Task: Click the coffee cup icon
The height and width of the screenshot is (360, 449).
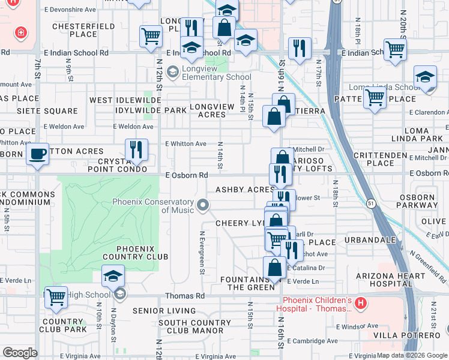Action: coord(38,154)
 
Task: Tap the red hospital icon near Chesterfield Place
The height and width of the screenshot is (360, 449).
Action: coord(22,32)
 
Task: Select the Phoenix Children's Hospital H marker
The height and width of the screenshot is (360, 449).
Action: coord(360,304)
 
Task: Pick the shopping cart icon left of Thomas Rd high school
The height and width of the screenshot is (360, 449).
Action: coord(56,296)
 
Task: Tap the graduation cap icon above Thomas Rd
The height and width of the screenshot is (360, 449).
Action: coord(112,277)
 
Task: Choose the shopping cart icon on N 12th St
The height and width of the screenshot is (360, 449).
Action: coord(151,36)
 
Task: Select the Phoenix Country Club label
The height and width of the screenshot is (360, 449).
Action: coord(127,253)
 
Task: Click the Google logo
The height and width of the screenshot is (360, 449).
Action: coord(20,353)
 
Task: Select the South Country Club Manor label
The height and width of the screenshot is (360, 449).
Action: coord(186,326)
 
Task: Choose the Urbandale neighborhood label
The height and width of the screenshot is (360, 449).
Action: coord(371,240)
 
